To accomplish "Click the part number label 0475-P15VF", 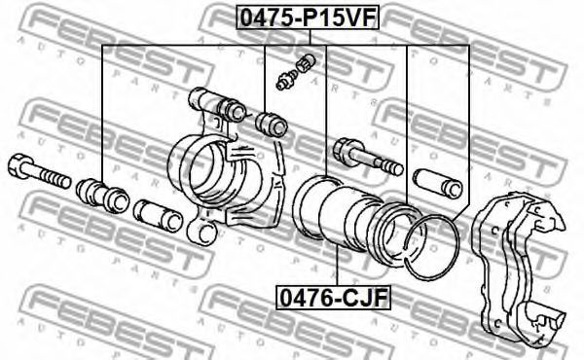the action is [308, 18].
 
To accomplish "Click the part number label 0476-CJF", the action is [333, 298].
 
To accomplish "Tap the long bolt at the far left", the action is [39, 171].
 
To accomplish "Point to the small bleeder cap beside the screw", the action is [306, 62].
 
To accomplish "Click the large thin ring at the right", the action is [433, 247].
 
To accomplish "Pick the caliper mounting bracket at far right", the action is [519, 268].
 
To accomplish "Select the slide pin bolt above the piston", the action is [368, 157].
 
